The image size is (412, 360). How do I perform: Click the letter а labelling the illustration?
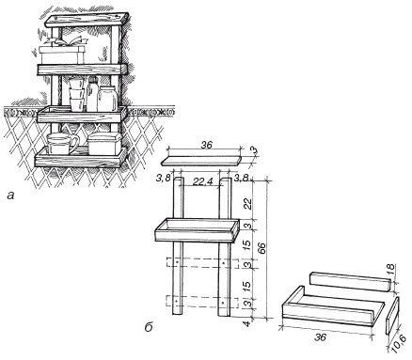[x=11, y=196]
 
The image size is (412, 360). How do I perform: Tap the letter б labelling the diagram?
[x=149, y=327]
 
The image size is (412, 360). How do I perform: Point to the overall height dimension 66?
[x=262, y=248]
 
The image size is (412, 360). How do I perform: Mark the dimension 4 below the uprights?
[x=247, y=323]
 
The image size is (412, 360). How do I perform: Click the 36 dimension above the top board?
[x=206, y=145]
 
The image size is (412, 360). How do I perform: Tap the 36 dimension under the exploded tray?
[x=321, y=337]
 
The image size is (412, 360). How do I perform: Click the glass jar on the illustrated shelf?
[x=107, y=98]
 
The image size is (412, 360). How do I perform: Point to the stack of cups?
[x=77, y=94]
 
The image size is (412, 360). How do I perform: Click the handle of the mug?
[x=74, y=144]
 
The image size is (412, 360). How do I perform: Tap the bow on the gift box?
[x=65, y=41]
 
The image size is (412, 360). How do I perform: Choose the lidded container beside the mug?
[x=104, y=144]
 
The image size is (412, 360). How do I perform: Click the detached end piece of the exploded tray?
[x=391, y=316]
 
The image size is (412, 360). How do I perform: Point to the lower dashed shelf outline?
[x=201, y=302]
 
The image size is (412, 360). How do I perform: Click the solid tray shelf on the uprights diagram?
[x=198, y=230]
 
